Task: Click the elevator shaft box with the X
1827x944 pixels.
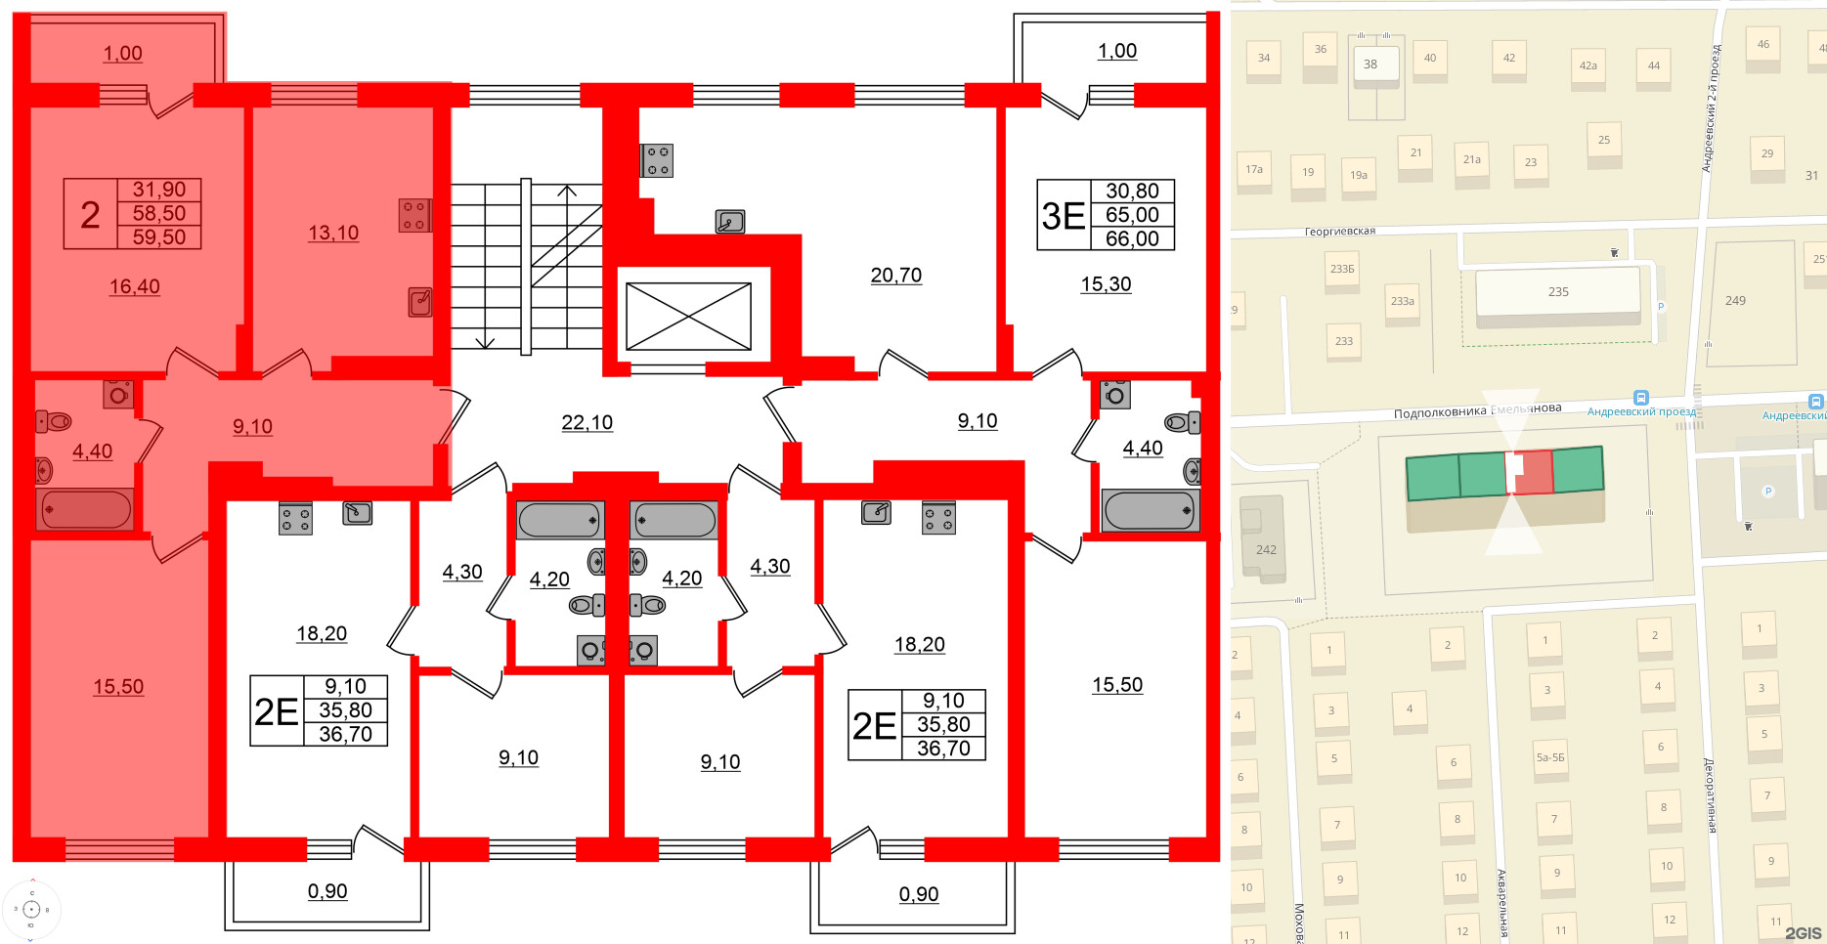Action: pos(688,316)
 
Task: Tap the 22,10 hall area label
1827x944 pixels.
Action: pos(587,422)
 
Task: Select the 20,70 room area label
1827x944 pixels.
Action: pos(895,276)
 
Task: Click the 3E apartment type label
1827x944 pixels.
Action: pos(1063,216)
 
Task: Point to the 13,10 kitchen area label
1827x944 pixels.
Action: pos(333,233)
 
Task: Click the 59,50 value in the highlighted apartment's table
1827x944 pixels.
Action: pos(159,237)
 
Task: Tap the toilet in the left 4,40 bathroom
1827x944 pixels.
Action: pos(56,422)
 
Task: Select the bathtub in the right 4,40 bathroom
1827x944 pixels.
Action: pos(1150,510)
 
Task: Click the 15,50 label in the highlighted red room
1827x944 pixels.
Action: pos(118,687)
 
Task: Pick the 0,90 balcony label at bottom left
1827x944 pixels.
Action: pos(327,891)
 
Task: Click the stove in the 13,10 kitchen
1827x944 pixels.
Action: pos(413,216)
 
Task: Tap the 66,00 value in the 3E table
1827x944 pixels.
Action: pos(1132,238)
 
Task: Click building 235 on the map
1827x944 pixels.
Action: pos(1557,292)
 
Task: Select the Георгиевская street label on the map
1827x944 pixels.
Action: pos(1339,232)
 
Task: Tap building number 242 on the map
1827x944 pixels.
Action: pos(1266,549)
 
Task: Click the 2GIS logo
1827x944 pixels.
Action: pos(1803,933)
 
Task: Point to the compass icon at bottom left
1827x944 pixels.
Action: pos(31,910)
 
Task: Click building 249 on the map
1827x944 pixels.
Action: pos(1735,301)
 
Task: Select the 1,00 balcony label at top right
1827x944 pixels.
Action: pos(1116,51)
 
